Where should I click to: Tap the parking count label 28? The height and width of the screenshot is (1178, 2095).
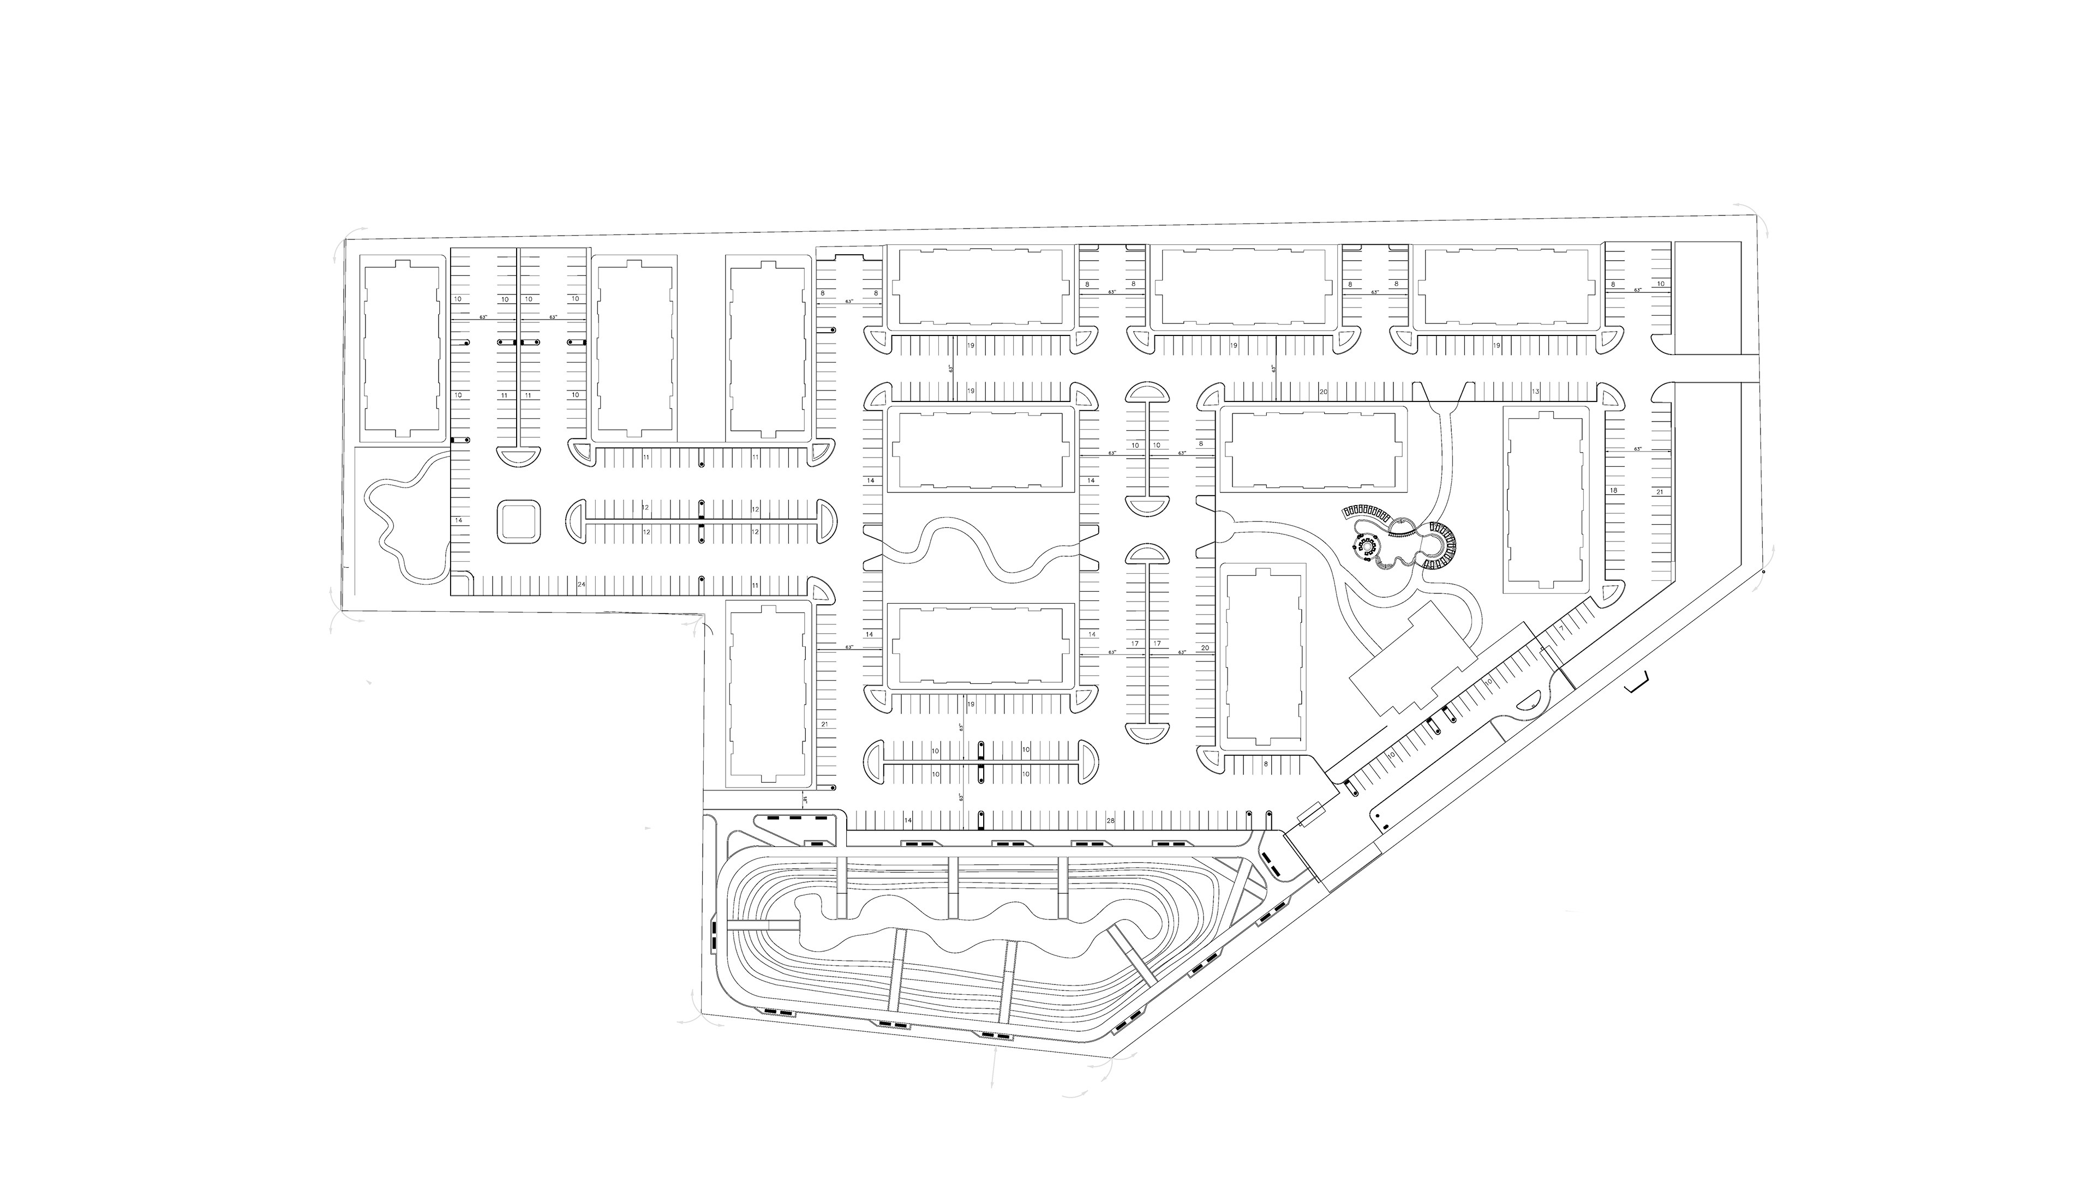pyautogui.click(x=1110, y=821)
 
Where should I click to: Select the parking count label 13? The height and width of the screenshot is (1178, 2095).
pyautogui.click(x=1535, y=392)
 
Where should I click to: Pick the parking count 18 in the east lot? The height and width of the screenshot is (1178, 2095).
pyautogui.click(x=1613, y=491)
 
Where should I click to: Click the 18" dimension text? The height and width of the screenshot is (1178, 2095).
pyautogui.click(x=805, y=801)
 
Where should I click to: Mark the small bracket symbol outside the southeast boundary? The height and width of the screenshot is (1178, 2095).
pyautogui.click(x=1636, y=686)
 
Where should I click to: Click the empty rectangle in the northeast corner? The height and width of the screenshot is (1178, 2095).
pyautogui.click(x=1706, y=298)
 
